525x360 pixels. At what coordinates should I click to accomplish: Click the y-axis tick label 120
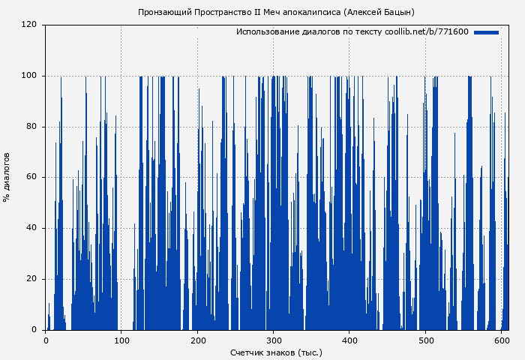tap(29, 25)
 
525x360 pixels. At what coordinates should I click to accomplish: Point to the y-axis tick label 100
tap(29, 76)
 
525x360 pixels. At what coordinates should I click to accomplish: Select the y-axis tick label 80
tap(31, 127)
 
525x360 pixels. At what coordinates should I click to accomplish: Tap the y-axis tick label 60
tap(31, 178)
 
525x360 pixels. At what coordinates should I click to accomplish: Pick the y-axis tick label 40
tap(31, 228)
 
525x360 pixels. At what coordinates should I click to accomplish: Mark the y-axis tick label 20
tap(31, 279)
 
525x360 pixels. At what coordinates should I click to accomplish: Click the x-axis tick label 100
tap(121, 340)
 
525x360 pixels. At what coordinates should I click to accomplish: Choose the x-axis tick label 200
tap(197, 340)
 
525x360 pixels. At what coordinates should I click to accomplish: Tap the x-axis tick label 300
tap(274, 340)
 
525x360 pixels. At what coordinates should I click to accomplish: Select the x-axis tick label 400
tap(349, 340)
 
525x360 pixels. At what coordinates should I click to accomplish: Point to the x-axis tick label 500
tap(425, 340)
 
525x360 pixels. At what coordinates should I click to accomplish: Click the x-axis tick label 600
tap(502, 340)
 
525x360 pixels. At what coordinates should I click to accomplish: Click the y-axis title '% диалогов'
tap(7, 177)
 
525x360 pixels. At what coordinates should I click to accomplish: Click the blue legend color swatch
tap(486, 32)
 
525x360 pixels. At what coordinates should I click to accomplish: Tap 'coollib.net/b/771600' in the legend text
tap(426, 32)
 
